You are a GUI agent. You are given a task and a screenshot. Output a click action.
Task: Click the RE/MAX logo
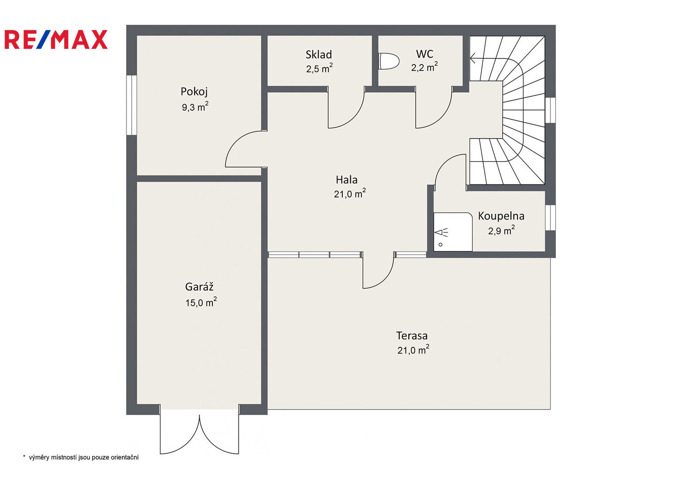tap(56, 39)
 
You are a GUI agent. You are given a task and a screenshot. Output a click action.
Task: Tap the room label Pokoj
tap(194, 91)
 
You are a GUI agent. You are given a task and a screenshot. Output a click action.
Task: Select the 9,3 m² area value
tap(195, 107)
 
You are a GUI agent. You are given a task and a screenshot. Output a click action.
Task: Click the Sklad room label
tap(319, 55)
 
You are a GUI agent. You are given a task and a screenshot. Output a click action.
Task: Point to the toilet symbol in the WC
tap(389, 61)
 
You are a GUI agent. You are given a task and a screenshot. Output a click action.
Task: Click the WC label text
tap(425, 54)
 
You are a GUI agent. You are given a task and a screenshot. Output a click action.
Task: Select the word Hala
tap(347, 180)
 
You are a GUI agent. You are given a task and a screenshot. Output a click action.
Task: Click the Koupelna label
tap(501, 216)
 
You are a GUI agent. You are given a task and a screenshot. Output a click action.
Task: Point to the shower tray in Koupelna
tap(453, 232)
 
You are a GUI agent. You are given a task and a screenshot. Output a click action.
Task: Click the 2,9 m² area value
tap(501, 231)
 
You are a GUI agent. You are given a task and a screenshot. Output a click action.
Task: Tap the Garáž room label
tap(199, 287)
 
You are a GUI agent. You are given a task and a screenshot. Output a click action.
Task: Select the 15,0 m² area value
tap(201, 302)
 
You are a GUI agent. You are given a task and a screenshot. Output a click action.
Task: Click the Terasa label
tap(411, 336)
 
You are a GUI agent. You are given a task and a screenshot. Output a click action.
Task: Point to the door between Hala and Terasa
tap(378, 270)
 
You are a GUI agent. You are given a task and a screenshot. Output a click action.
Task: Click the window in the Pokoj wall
tap(132, 105)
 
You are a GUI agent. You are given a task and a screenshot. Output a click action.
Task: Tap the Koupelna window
tap(550, 218)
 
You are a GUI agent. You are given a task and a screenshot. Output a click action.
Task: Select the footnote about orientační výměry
tap(81, 457)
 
